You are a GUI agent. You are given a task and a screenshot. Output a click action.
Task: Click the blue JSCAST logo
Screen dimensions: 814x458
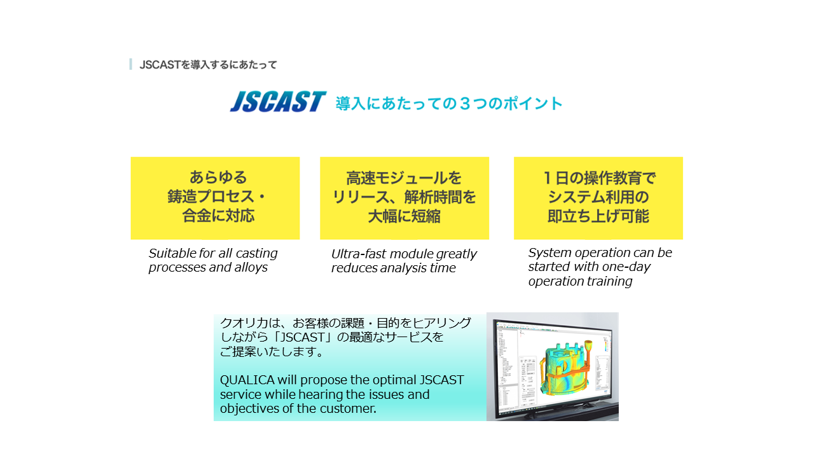tap(278, 101)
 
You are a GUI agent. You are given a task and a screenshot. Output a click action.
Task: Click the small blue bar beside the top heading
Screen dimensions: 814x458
tap(130, 64)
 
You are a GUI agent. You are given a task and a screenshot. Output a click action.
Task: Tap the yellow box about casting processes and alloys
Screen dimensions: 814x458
tap(215, 198)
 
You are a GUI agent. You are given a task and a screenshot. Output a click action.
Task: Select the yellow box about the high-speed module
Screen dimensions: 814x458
tap(404, 198)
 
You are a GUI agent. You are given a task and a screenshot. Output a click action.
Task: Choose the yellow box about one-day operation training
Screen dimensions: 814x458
tap(598, 198)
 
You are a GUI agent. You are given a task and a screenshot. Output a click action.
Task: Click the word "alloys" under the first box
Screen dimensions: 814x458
tap(251, 268)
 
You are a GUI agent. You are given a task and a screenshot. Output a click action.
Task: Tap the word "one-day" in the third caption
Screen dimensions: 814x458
tap(626, 267)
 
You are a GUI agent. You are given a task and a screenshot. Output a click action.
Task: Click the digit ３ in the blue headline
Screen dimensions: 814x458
tap(465, 104)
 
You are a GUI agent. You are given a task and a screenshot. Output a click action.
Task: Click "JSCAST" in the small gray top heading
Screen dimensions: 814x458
tap(160, 65)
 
